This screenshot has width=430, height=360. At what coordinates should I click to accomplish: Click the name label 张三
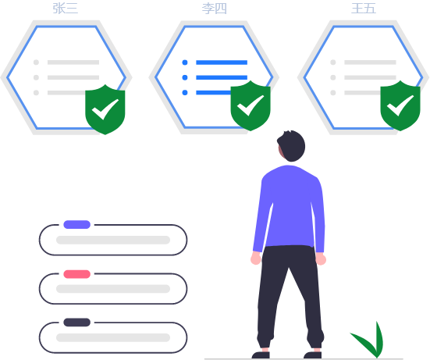(66, 9)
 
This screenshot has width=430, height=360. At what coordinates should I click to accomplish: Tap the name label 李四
(214, 9)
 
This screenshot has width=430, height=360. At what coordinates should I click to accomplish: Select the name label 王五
(364, 9)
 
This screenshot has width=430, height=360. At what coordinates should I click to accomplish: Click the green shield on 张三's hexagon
(105, 109)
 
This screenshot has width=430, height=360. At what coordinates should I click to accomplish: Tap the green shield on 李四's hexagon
(251, 105)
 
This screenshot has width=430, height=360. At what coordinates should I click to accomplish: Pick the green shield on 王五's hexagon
(400, 105)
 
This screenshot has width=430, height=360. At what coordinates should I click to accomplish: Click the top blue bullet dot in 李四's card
(185, 62)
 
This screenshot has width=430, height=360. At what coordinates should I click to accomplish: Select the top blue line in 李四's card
(222, 62)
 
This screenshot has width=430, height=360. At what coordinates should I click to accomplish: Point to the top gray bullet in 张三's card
(36, 62)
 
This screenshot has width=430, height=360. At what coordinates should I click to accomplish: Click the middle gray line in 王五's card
(370, 77)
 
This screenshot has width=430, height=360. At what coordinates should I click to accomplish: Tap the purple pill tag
(77, 224)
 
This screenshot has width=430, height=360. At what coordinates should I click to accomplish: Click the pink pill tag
(77, 274)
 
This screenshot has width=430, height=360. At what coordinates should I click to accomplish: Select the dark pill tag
(77, 323)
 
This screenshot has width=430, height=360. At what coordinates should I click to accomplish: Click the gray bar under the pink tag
(113, 289)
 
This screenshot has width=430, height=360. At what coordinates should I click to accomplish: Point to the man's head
(291, 146)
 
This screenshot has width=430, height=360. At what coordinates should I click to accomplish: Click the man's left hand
(256, 258)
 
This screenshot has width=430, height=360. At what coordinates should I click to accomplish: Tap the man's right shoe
(313, 355)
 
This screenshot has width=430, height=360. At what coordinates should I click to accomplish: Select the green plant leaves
(369, 340)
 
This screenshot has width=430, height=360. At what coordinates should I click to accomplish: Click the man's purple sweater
(290, 209)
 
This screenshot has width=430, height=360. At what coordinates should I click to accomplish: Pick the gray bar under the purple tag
(113, 240)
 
